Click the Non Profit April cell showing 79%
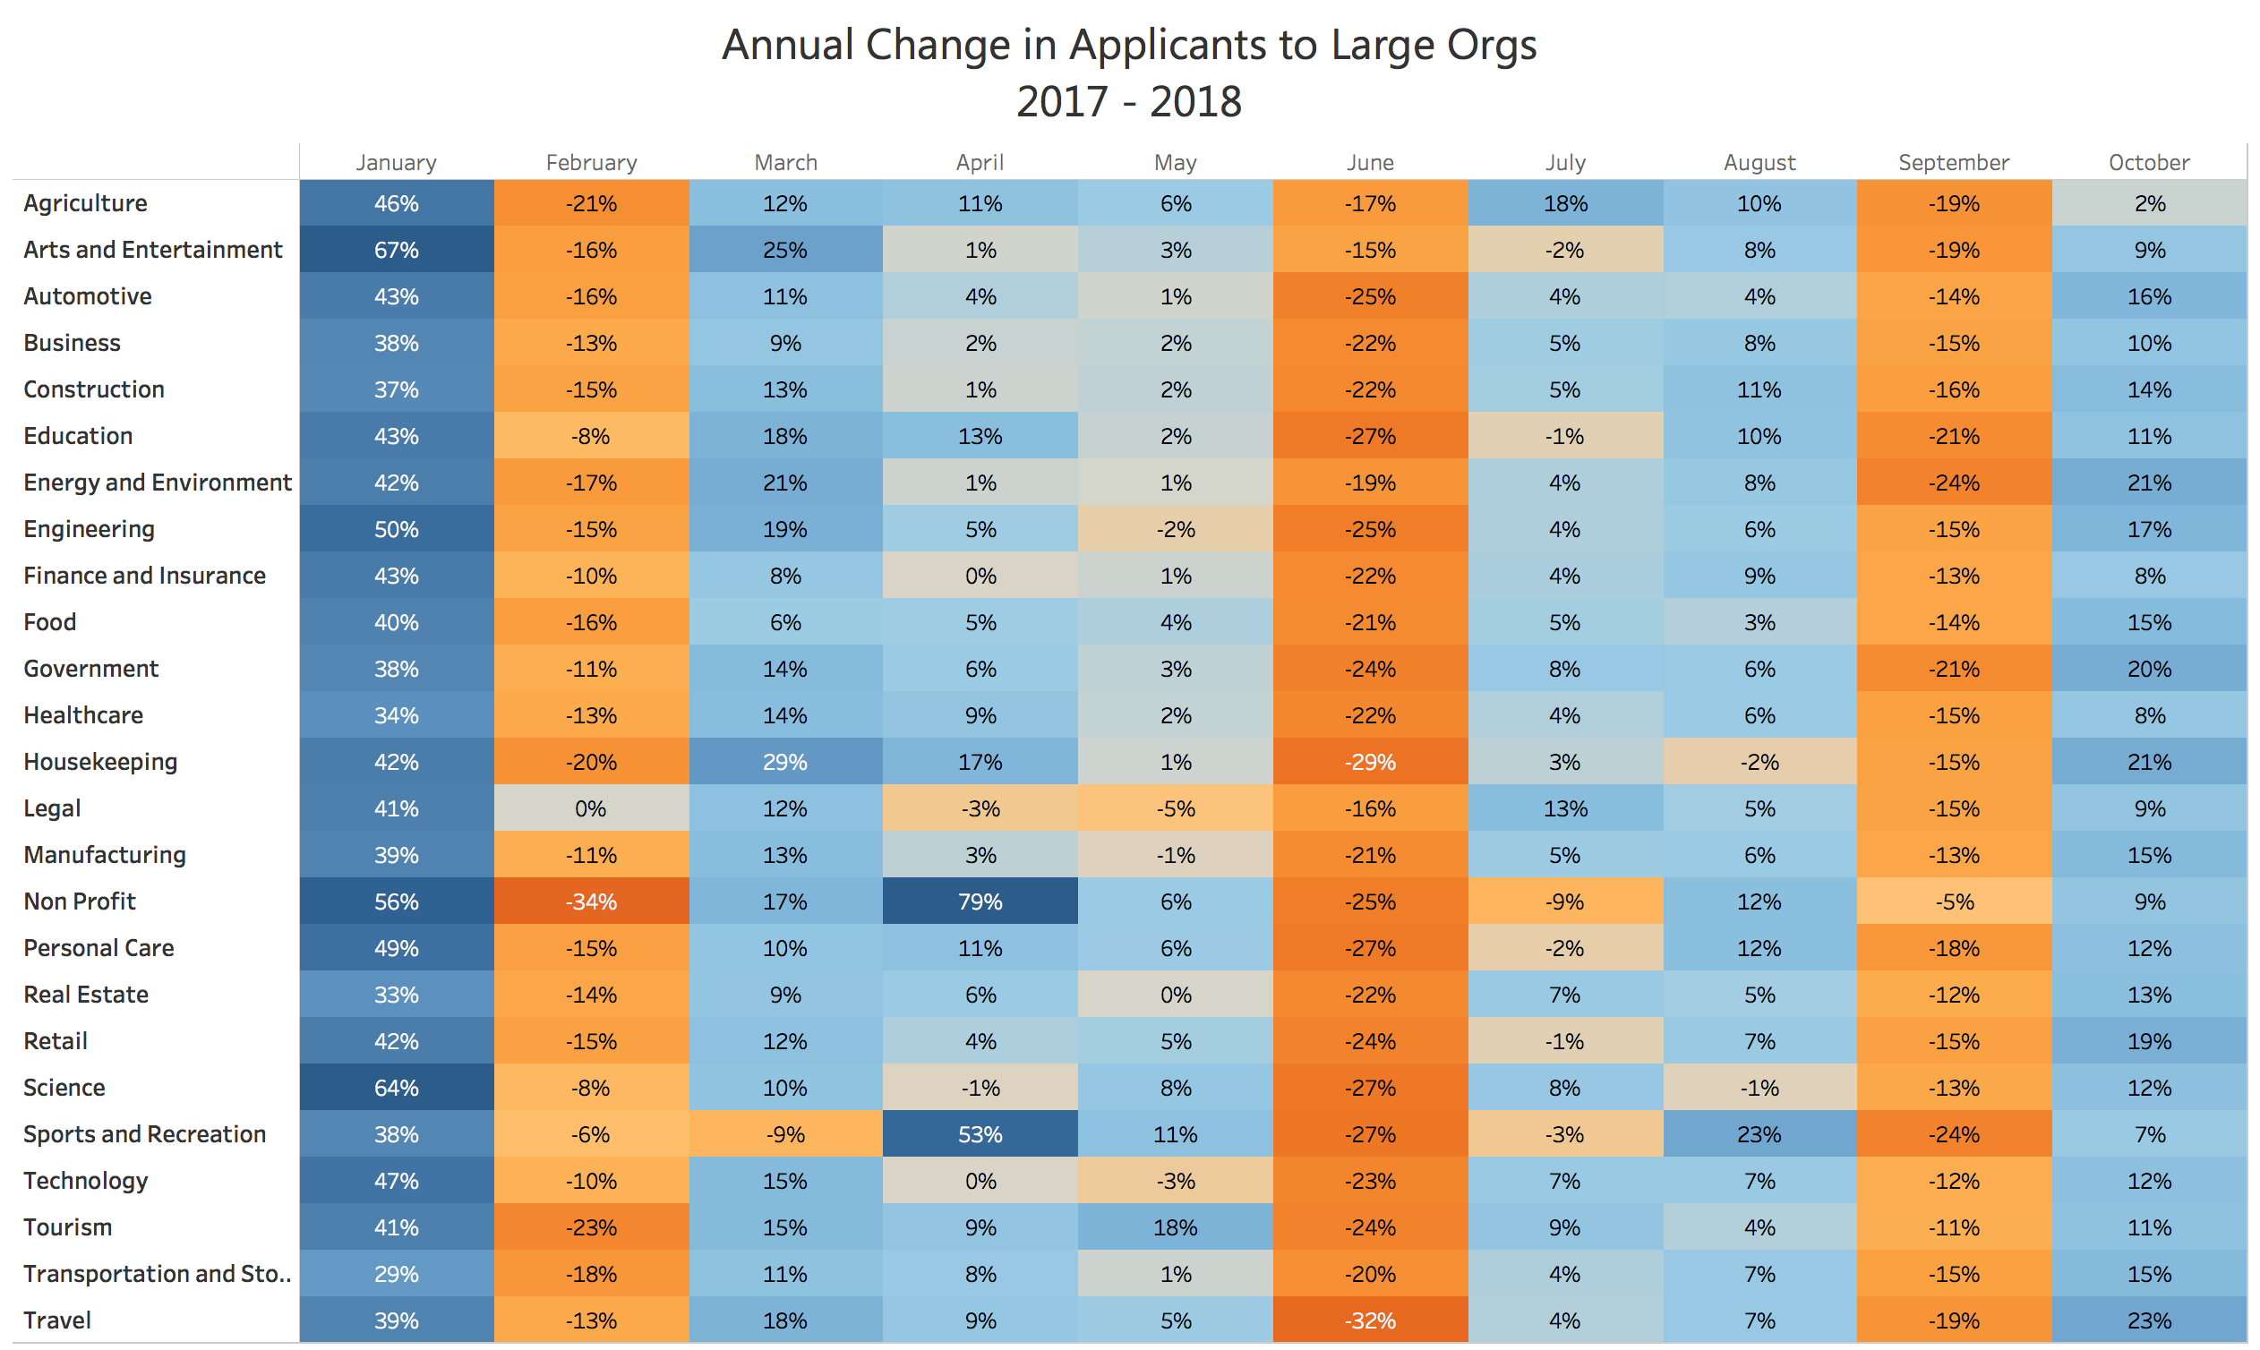click(980, 901)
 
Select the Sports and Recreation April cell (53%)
click(980, 1134)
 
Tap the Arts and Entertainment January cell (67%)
click(397, 250)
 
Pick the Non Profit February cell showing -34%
click(591, 901)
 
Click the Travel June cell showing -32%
click(1370, 1320)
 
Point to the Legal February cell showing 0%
click(591, 808)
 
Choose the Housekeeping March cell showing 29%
click(785, 763)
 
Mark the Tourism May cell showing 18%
click(1176, 1227)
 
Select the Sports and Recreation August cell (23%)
click(1759, 1134)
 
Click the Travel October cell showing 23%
click(2150, 1320)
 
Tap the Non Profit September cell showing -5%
click(1955, 901)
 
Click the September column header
click(1955, 163)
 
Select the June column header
click(1370, 163)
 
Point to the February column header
click(591, 163)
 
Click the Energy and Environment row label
click(158, 483)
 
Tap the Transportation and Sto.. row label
click(158, 1274)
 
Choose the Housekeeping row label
click(100, 763)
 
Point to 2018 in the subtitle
click(1195, 102)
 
